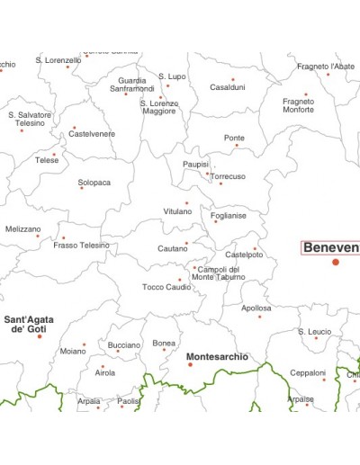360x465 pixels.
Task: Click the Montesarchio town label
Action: pyautogui.click(x=217, y=357)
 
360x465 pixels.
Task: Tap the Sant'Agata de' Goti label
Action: pyautogui.click(x=29, y=325)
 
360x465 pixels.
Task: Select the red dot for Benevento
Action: pyautogui.click(x=336, y=262)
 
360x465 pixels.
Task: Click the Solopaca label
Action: pyautogui.click(x=94, y=183)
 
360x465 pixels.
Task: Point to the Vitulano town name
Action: pyautogui.click(x=177, y=211)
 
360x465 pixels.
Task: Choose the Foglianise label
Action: pyautogui.click(x=229, y=216)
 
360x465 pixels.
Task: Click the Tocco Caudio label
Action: pyautogui.click(x=166, y=287)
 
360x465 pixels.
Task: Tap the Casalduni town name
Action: pyautogui.click(x=227, y=87)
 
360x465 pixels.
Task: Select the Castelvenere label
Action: pyautogui.click(x=92, y=134)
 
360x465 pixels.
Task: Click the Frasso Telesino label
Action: pyautogui.click(x=81, y=246)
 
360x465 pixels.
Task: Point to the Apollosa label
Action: pyautogui.click(x=256, y=308)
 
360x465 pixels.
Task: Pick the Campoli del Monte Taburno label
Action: pyautogui.click(x=219, y=273)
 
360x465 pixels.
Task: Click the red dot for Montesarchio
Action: pyautogui.click(x=190, y=364)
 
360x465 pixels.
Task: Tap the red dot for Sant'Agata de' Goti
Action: pyautogui.click(x=40, y=336)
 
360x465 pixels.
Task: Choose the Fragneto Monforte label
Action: pyautogui.click(x=298, y=105)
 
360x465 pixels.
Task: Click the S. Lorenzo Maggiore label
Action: pyautogui.click(x=159, y=107)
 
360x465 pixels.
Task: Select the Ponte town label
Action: pyautogui.click(x=234, y=138)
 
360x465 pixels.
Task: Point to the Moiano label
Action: pyautogui.click(x=73, y=352)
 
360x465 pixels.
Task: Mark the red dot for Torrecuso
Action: pyautogui.click(x=220, y=183)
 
